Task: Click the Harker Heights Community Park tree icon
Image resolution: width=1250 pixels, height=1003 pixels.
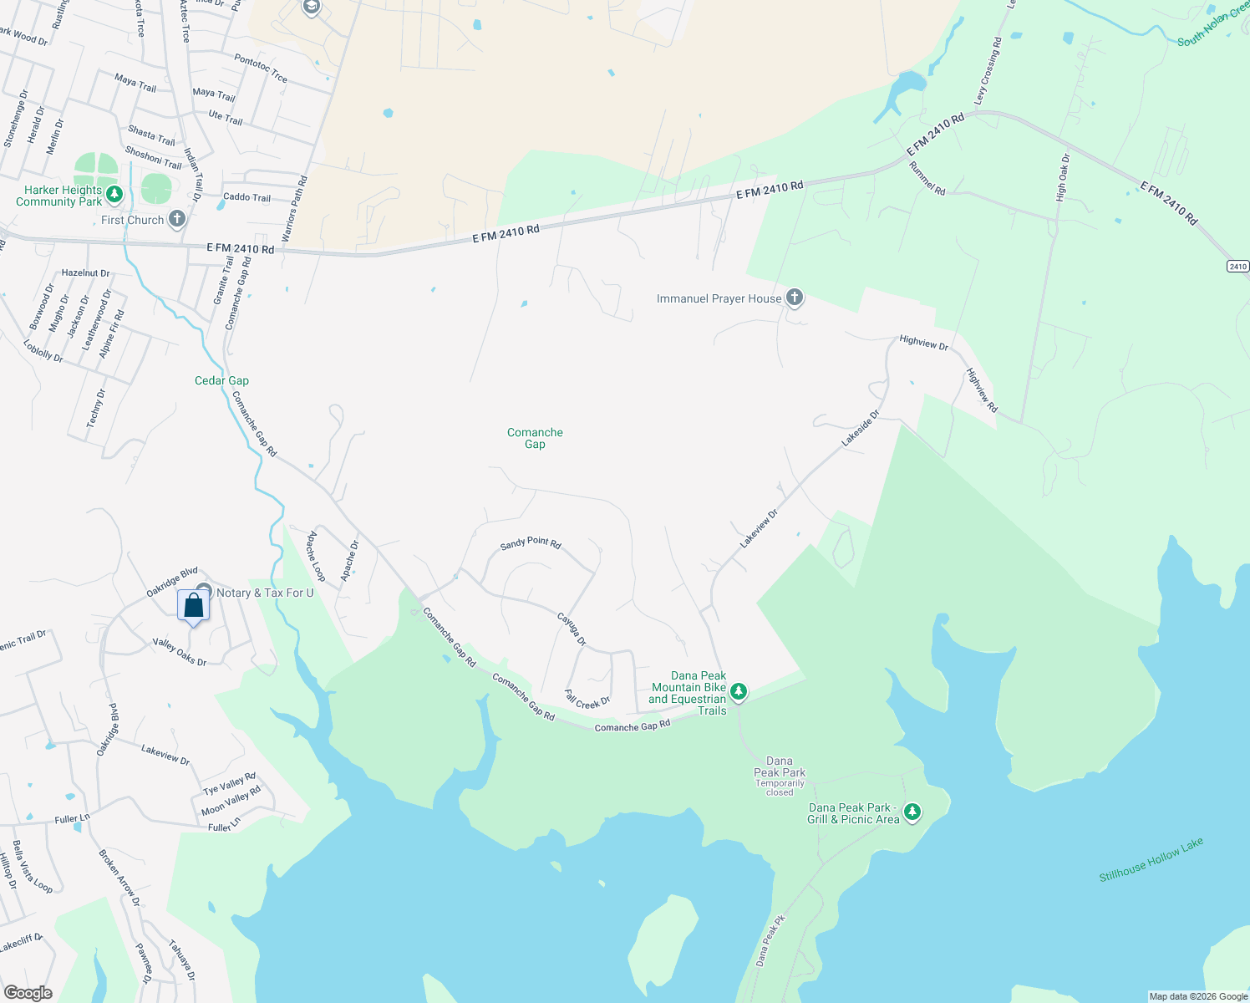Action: (x=114, y=195)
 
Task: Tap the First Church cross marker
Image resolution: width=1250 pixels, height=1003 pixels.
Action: (x=176, y=220)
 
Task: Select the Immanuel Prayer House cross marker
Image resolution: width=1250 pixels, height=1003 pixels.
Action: (x=795, y=298)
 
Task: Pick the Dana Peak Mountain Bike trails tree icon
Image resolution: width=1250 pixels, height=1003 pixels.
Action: (x=738, y=691)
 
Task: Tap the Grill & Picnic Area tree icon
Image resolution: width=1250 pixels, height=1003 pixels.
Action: (x=912, y=812)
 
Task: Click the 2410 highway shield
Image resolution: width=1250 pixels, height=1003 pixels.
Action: (x=1237, y=267)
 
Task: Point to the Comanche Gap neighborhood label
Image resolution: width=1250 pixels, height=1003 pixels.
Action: (x=535, y=438)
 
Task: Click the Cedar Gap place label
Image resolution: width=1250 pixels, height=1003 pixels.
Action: (x=221, y=380)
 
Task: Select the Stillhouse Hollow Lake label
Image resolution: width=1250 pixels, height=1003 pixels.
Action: (x=1151, y=859)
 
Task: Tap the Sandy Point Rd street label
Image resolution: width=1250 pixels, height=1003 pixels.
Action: (x=531, y=543)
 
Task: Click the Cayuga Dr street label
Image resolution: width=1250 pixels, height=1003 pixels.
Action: (x=572, y=629)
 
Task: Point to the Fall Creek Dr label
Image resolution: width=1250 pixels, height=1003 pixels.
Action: (x=587, y=700)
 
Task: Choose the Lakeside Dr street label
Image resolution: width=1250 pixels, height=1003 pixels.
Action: (x=860, y=428)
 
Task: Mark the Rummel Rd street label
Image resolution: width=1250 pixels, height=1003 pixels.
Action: (x=927, y=178)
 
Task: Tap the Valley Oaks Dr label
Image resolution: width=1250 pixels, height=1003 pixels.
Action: (x=179, y=651)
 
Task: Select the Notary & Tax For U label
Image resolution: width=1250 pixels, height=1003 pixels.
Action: (x=265, y=593)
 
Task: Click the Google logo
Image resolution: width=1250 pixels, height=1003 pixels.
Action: (x=28, y=992)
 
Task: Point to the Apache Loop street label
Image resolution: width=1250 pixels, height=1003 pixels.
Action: (x=317, y=556)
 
